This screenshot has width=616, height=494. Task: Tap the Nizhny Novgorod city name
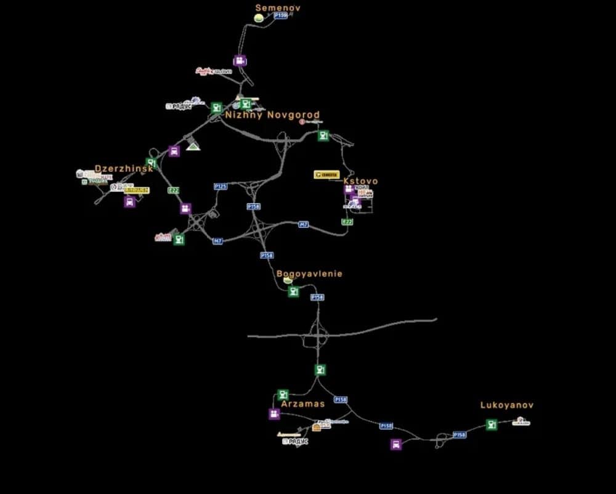tap(272, 115)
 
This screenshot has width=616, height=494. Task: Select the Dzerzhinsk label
tap(123, 169)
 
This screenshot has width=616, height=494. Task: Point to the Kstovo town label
tap(360, 181)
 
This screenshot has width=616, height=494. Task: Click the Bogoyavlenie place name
tap(309, 273)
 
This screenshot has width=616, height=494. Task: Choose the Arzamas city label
tap(302, 404)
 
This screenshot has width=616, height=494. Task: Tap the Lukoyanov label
tap(507, 405)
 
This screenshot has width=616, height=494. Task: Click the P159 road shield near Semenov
tap(281, 15)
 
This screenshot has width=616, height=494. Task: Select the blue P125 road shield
tap(221, 186)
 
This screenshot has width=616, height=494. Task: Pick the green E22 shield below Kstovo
tap(347, 222)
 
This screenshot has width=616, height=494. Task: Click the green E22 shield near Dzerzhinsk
tap(174, 190)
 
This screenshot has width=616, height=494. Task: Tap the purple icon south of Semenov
tap(240, 60)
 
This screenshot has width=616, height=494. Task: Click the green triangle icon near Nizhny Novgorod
tap(193, 146)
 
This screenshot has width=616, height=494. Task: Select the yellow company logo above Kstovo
tap(326, 175)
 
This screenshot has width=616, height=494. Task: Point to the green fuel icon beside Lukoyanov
tap(491, 424)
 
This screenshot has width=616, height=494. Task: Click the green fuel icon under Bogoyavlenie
tap(294, 291)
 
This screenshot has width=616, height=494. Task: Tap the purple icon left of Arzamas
tap(274, 414)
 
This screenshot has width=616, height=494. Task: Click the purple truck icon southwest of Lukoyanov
tap(396, 444)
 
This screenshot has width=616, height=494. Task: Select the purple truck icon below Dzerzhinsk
tap(129, 201)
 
